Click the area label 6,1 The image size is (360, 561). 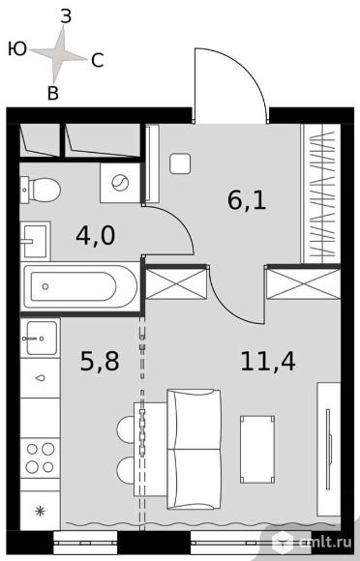(x=247, y=201)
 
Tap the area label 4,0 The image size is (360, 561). (x=96, y=236)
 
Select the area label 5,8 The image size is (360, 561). (x=100, y=361)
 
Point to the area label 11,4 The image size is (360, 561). (x=268, y=362)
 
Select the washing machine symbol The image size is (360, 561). (x=120, y=183)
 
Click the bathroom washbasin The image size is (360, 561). (x=35, y=241)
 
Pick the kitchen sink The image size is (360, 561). (x=40, y=339)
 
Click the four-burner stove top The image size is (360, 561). (x=40, y=458)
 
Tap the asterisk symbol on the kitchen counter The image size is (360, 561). (x=40, y=512)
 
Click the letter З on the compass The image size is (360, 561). (x=66, y=16)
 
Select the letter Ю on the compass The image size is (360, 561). (x=17, y=48)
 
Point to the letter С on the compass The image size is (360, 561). (x=98, y=61)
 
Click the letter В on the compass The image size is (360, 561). (x=53, y=93)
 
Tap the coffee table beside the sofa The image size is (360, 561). (x=257, y=449)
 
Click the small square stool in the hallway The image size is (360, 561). (x=180, y=163)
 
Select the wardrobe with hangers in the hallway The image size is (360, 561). (x=320, y=193)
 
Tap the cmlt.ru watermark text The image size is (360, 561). (x=326, y=542)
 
